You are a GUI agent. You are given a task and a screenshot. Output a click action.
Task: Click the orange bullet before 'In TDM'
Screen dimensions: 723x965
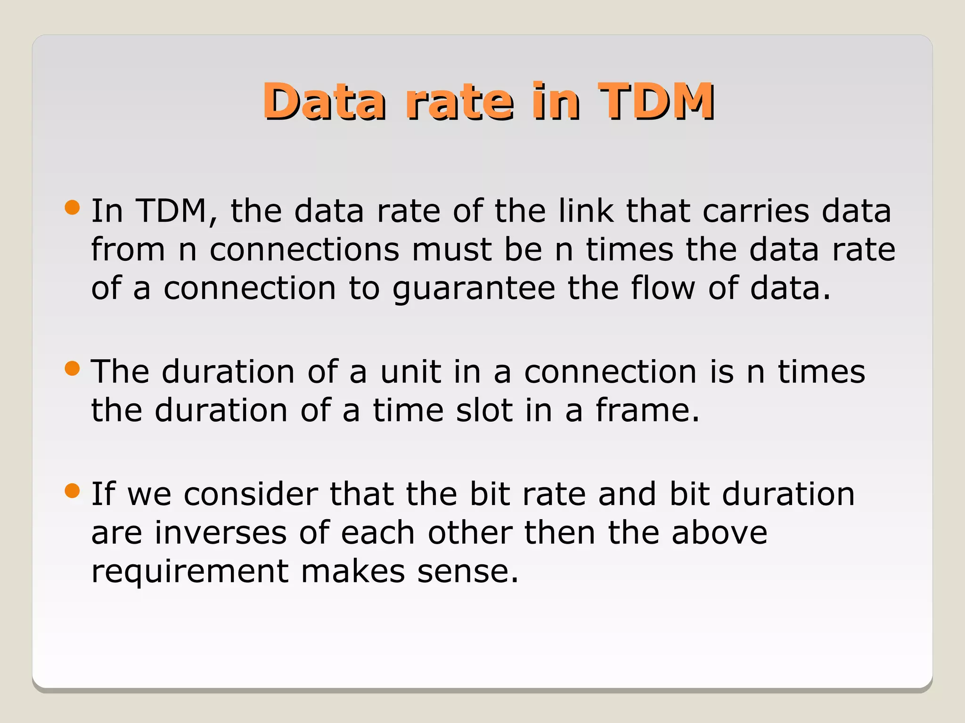(72, 208)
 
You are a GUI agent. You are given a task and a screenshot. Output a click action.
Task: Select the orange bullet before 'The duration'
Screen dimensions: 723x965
(72, 369)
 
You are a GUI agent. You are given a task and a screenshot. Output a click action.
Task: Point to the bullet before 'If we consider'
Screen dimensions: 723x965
(72, 491)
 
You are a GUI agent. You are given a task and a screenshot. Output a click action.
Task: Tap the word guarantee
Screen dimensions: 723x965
(474, 289)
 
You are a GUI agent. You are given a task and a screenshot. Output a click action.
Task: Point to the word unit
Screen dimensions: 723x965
(410, 372)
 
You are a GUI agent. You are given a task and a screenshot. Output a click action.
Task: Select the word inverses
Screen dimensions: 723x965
(221, 533)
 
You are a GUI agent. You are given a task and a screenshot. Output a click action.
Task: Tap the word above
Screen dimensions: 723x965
(720, 533)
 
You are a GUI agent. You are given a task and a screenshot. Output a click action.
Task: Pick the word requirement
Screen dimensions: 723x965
(190, 572)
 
